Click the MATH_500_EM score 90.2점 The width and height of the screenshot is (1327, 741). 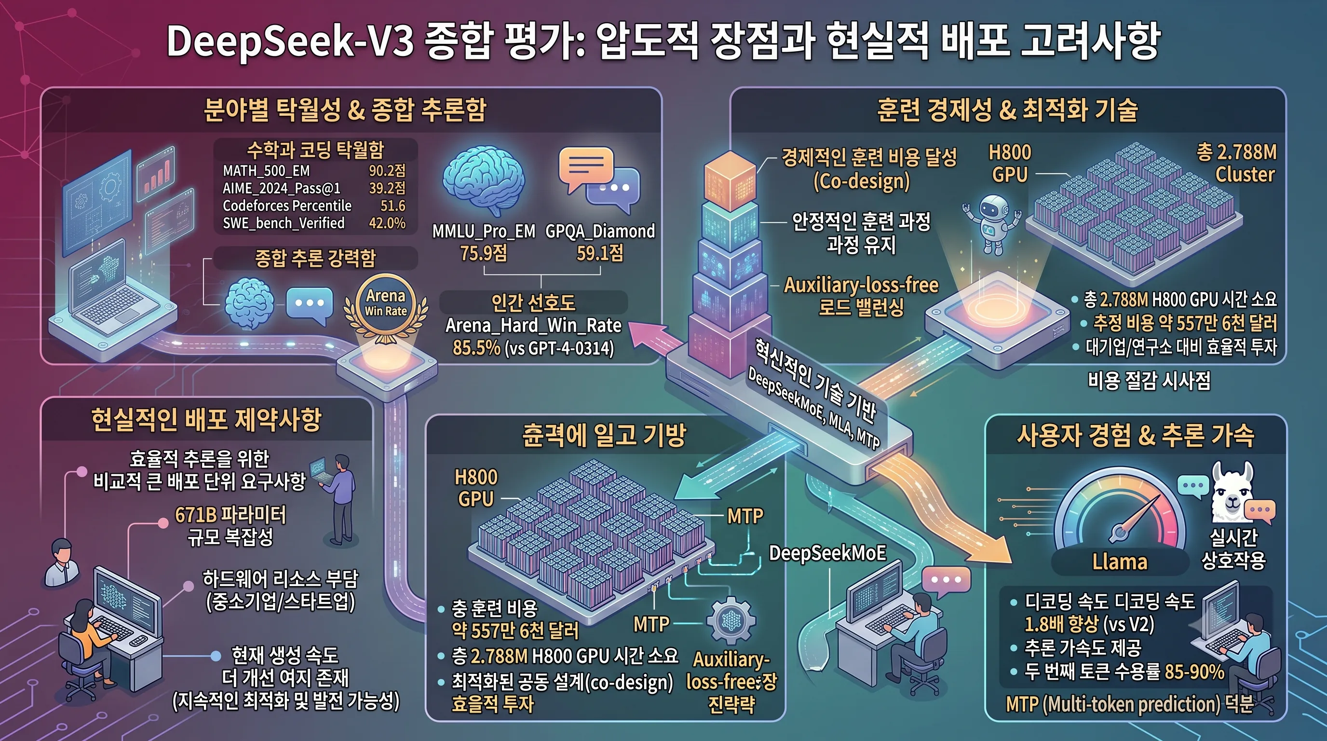[387, 171]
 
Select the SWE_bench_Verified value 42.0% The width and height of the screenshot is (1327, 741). [387, 223]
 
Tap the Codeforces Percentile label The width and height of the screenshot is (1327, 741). [287, 206]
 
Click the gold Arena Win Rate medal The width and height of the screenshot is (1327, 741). [385, 308]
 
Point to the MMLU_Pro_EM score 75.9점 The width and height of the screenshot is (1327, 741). [483, 253]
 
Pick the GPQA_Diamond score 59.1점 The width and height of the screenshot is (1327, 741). [600, 253]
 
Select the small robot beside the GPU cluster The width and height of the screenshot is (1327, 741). [992, 224]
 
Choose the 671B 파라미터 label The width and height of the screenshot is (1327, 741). [230, 515]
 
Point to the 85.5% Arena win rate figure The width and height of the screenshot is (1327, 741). [476, 348]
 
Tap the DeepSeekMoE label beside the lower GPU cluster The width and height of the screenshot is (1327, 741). [827, 553]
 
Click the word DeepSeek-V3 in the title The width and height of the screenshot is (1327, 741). [290, 41]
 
